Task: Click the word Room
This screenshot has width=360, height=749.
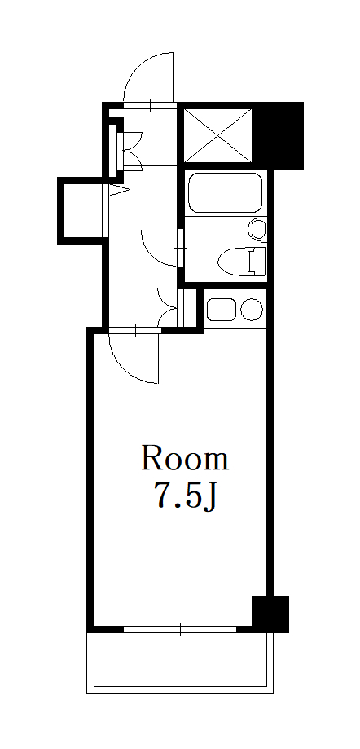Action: pyautogui.click(x=185, y=459)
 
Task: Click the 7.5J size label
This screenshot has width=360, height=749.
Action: pyautogui.click(x=185, y=496)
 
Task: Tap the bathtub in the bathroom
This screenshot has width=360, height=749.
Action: pyautogui.click(x=223, y=195)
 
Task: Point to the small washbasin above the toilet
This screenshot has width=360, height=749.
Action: pyautogui.click(x=257, y=230)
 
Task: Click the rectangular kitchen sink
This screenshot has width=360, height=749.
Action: pyautogui.click(x=221, y=310)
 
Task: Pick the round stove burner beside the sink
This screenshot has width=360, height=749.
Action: pyautogui.click(x=252, y=310)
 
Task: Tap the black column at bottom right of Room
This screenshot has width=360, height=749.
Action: pyautogui.click(x=270, y=614)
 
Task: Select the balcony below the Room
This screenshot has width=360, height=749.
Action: pyautogui.click(x=180, y=661)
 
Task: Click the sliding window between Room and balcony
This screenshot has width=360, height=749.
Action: pyautogui.click(x=180, y=628)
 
